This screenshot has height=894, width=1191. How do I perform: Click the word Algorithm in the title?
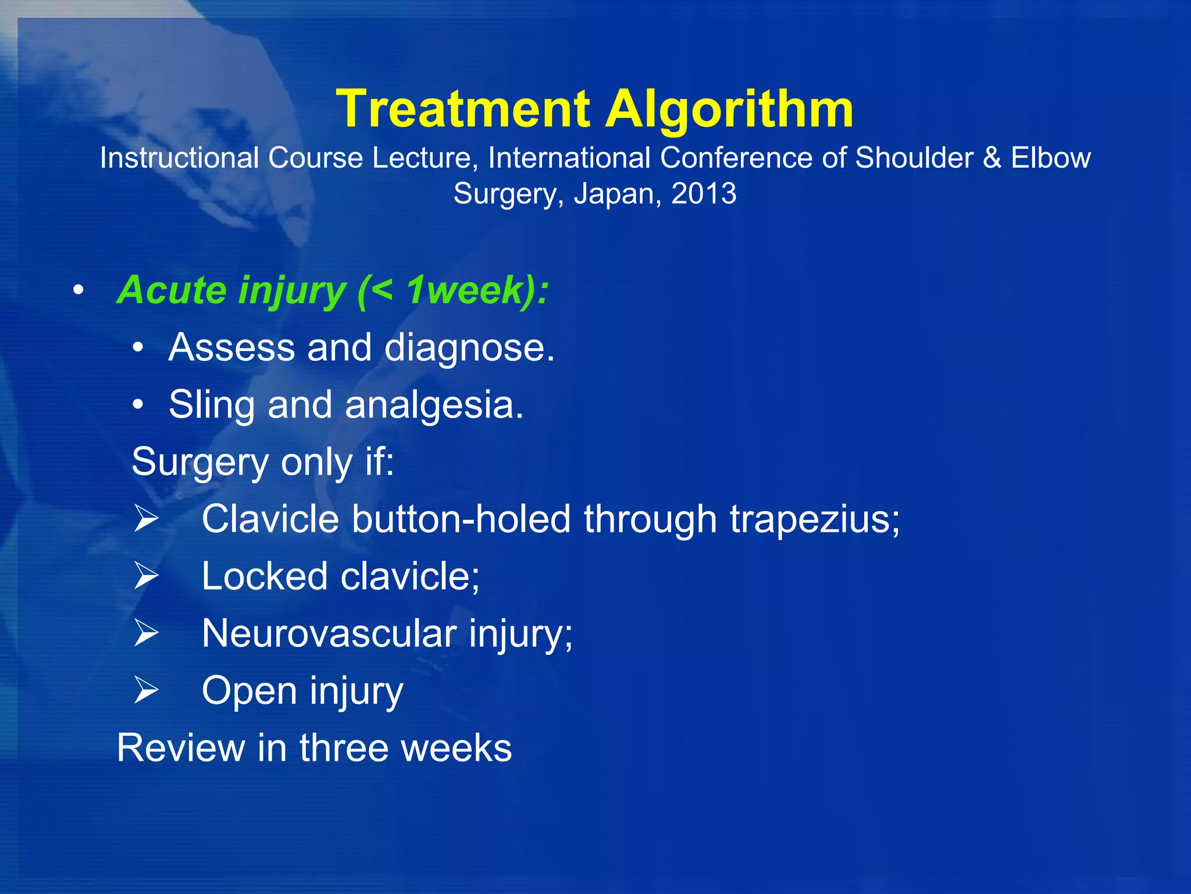729,109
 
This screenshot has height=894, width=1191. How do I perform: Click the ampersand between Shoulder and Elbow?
992,158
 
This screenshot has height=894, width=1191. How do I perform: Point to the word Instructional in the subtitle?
179,158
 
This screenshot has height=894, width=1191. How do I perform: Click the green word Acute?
171,290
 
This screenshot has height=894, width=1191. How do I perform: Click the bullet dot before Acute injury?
79,290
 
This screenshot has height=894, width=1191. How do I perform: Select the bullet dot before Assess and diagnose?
137,348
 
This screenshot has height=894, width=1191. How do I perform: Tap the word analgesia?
434,405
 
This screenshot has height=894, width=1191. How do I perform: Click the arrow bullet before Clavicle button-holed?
146,519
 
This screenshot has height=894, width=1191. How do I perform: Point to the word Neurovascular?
329,633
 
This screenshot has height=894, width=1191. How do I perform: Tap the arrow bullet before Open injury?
146,690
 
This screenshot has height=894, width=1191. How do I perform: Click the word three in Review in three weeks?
344,748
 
